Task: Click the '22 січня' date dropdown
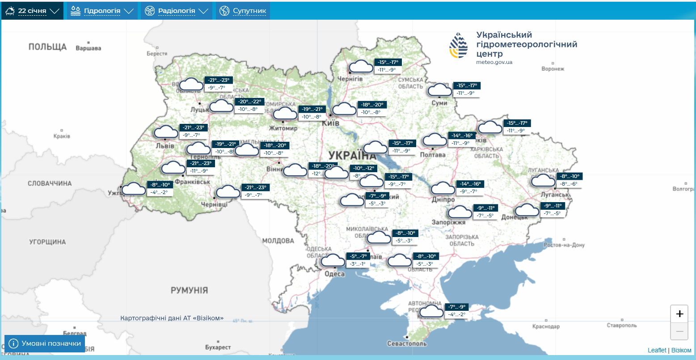click(32, 11)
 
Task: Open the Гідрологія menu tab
click(102, 11)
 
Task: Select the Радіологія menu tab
click(177, 11)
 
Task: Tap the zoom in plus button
click(679, 314)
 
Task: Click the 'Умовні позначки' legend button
click(45, 343)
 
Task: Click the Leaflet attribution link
click(657, 350)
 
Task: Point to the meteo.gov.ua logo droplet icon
click(459, 46)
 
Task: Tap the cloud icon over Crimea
click(432, 311)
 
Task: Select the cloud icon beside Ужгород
click(134, 189)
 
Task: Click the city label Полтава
click(433, 155)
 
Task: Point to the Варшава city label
click(89, 48)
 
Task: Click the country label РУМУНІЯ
click(189, 290)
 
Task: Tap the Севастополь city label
click(407, 343)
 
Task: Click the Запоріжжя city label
click(448, 222)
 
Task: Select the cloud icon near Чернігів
click(361, 67)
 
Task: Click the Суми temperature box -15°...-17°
click(467, 85)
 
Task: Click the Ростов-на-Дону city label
click(564, 245)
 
